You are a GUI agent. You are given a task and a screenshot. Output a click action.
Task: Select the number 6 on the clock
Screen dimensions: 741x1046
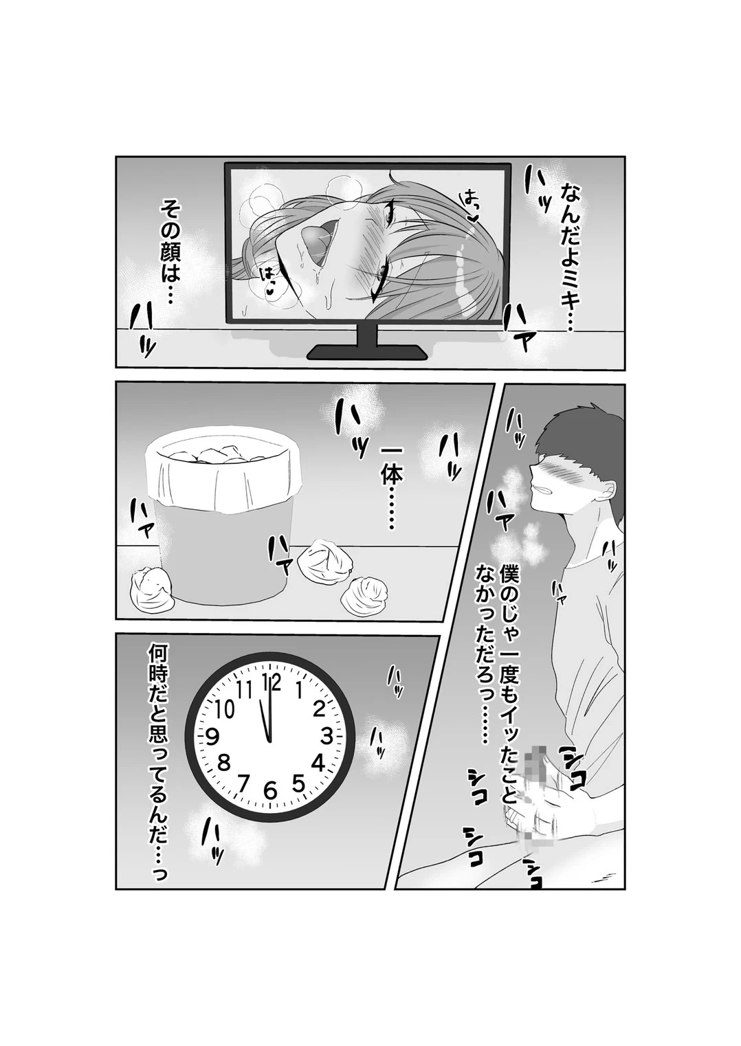point(269,790)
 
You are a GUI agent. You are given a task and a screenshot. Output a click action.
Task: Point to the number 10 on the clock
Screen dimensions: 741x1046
point(224,710)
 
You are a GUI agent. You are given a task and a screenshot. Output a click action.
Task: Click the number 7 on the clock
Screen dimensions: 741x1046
point(242,783)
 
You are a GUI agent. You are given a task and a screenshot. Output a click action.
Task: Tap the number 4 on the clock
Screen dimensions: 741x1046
point(318,764)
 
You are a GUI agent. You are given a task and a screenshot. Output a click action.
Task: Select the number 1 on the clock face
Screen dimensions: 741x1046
point(300,689)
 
